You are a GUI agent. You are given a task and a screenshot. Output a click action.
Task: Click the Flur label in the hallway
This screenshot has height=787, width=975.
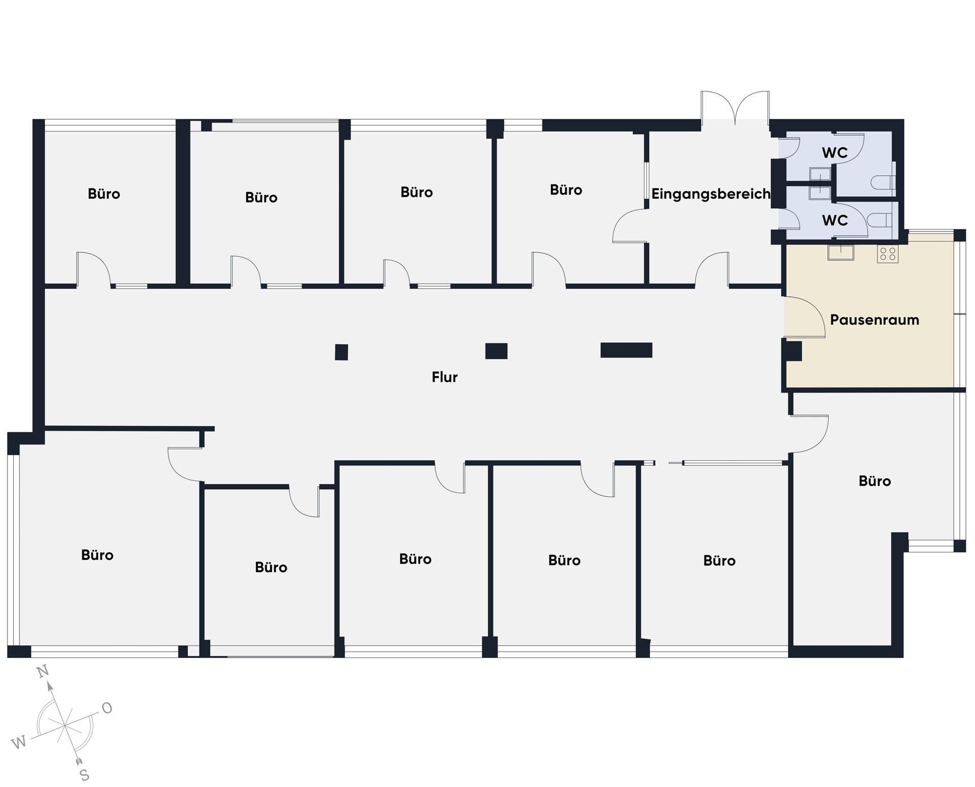click(x=444, y=377)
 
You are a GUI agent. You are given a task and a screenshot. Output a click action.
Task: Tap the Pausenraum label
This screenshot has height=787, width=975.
click(x=874, y=320)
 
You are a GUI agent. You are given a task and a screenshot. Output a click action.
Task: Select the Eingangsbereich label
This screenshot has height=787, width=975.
click(x=710, y=194)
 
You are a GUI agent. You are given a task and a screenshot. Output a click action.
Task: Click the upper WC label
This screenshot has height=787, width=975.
click(x=835, y=152)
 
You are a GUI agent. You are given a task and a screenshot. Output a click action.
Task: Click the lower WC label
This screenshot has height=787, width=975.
click(x=835, y=221)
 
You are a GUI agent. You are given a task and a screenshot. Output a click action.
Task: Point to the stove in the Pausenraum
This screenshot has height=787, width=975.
click(x=888, y=254)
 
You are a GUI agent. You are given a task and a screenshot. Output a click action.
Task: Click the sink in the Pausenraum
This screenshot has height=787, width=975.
click(x=840, y=252)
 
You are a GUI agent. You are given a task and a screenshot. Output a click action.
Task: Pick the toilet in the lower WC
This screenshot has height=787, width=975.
click(x=880, y=220)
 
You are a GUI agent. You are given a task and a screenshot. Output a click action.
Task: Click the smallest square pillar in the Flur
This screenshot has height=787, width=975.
click(x=341, y=352)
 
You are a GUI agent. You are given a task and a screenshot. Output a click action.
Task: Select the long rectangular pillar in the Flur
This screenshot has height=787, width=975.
click(x=626, y=350)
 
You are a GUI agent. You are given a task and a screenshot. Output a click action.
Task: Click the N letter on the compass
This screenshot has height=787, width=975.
click(x=44, y=671)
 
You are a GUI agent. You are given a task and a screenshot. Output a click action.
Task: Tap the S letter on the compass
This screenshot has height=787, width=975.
click(x=85, y=775)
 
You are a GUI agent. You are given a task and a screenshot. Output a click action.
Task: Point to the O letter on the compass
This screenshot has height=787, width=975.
click(x=107, y=708)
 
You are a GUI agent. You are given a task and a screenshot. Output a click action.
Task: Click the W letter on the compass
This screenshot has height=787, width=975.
click(x=18, y=743)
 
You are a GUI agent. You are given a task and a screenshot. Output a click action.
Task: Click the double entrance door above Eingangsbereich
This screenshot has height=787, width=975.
click(x=735, y=107)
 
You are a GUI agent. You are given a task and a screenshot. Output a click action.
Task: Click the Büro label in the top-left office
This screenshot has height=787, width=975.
click(x=104, y=194)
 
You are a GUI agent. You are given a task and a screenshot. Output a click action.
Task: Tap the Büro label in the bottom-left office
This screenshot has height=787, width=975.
click(x=97, y=555)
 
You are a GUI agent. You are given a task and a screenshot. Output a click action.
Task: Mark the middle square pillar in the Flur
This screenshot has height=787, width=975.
click(x=496, y=351)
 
